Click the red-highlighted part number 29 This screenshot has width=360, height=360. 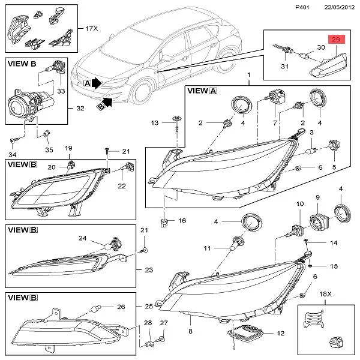[336, 39]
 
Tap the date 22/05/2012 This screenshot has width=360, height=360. [337, 7]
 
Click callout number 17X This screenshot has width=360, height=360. [91, 28]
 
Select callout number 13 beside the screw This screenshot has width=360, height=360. [155, 122]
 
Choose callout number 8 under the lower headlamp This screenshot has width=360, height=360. [191, 331]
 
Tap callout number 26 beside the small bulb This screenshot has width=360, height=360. [121, 307]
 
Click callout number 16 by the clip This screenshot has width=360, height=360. [182, 221]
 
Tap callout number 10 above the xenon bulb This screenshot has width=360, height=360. [299, 204]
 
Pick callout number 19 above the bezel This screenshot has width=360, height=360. [68, 148]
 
